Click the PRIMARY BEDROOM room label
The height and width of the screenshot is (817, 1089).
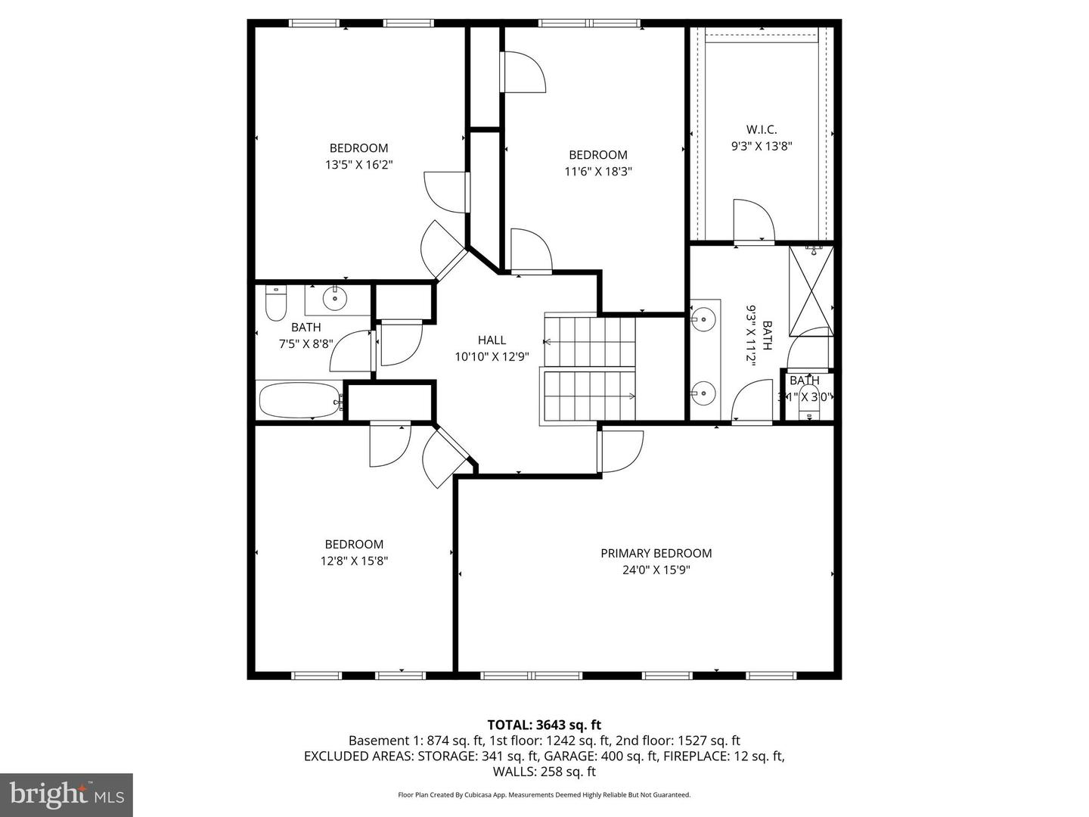pos(656,553)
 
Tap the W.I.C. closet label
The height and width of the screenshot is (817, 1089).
pos(761,130)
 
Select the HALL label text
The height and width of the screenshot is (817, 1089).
pos(492,340)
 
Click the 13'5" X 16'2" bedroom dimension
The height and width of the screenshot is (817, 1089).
pos(358,164)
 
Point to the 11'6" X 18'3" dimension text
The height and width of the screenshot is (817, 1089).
pos(598,172)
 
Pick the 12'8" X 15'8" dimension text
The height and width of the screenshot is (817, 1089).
pos(354,561)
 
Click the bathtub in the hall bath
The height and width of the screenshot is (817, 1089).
pos(299,400)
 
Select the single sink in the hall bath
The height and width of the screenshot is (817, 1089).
pos(334,300)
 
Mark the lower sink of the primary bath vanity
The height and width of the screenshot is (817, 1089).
pos(704,392)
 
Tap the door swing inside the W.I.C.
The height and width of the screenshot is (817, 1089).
pos(753,221)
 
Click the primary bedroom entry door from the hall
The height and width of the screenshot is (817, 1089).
pos(620,452)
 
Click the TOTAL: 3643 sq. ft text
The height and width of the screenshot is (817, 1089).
pos(544,725)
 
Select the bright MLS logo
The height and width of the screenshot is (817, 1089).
pos(66,794)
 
